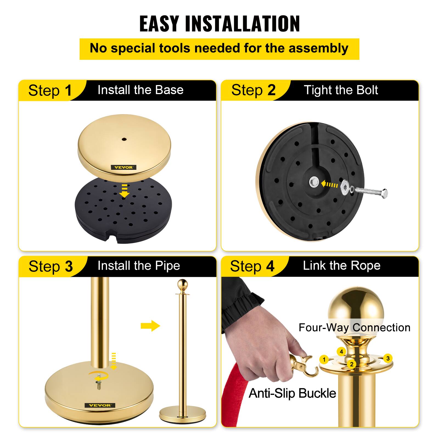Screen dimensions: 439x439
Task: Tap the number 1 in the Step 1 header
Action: coord(68,90)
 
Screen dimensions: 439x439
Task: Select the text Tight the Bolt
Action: coord(341,90)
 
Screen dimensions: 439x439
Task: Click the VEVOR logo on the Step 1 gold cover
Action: coord(123,167)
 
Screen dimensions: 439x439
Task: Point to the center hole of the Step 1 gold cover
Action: coord(124,139)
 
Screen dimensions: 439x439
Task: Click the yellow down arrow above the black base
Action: coord(125,191)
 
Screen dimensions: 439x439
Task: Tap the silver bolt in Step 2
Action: coord(372,192)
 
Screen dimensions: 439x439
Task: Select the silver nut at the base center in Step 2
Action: coord(314,182)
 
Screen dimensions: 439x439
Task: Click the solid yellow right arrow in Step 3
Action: coord(150,326)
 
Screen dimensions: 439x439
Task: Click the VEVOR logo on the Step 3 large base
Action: coord(100,405)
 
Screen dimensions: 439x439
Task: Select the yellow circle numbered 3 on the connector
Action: coord(388,358)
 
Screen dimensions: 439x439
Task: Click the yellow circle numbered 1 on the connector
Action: coord(324,359)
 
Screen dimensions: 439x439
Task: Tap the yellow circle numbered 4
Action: coord(341,351)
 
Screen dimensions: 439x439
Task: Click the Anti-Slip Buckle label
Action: coord(292,393)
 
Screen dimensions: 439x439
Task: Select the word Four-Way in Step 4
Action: coord(324,327)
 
